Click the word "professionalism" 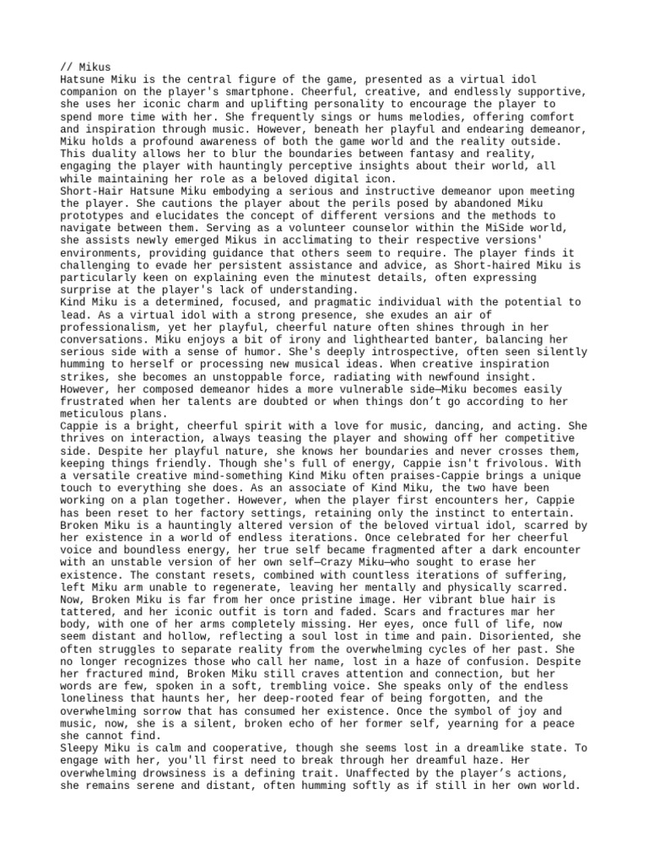pyautogui.click(x=112, y=327)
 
